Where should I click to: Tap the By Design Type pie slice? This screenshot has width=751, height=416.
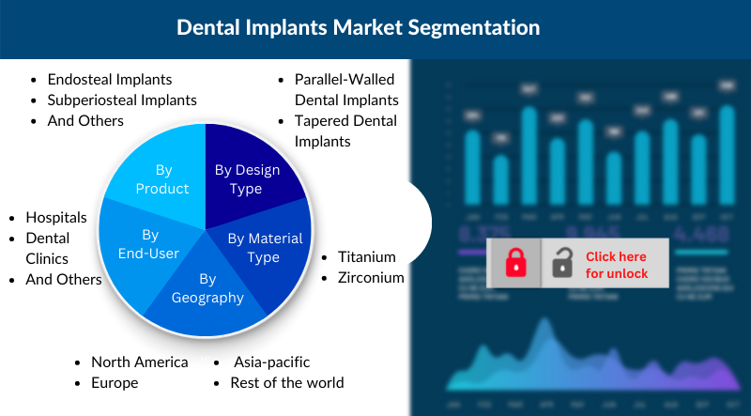tap(248, 178)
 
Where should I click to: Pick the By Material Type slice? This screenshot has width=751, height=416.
tap(263, 248)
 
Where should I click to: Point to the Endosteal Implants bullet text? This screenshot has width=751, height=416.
tap(110, 80)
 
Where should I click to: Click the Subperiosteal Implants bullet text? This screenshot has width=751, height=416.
tap(122, 100)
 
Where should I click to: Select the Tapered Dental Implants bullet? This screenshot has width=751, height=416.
tap(345, 131)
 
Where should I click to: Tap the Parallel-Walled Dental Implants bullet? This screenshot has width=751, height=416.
tap(346, 89)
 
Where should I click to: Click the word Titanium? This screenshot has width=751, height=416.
tap(367, 256)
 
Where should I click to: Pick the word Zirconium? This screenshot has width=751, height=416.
tap(371, 277)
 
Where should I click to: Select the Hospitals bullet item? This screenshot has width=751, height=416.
tap(56, 218)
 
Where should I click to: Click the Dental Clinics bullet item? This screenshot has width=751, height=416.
tap(47, 249)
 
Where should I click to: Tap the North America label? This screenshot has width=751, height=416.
tap(139, 362)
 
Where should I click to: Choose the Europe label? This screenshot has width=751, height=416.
tap(115, 382)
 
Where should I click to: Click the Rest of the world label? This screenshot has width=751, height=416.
tap(287, 382)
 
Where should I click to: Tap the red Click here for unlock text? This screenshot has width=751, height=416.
tap(616, 264)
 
